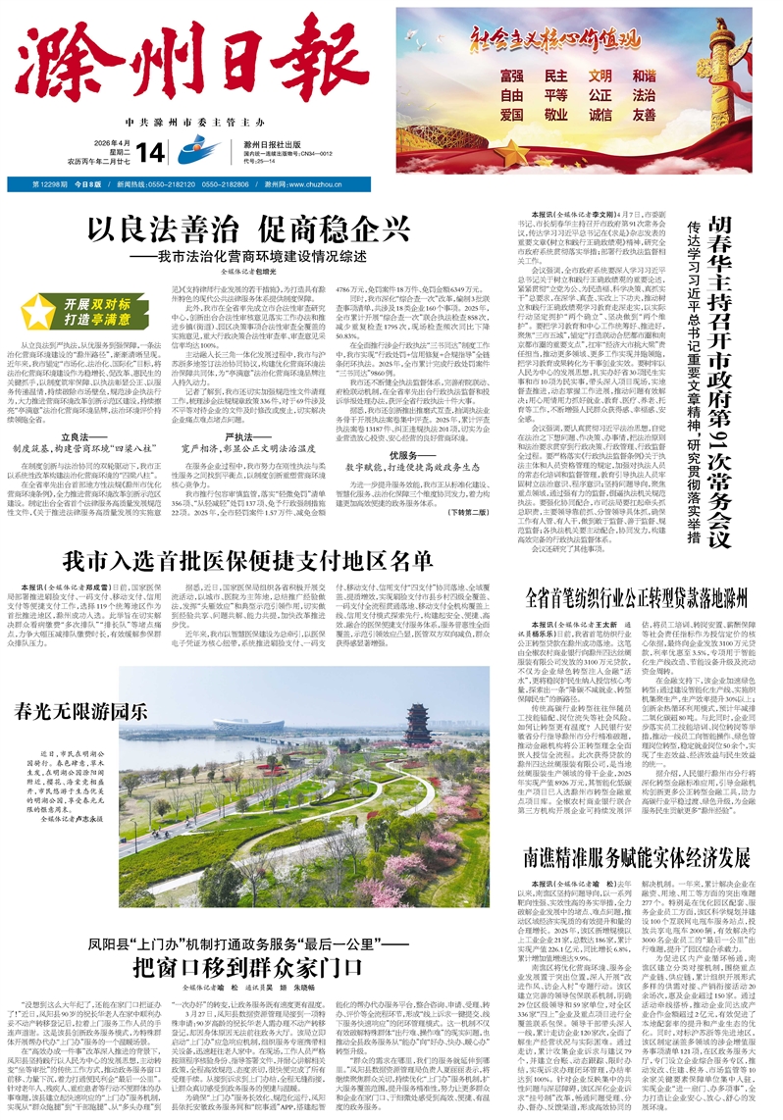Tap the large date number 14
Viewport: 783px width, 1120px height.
[150, 152]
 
